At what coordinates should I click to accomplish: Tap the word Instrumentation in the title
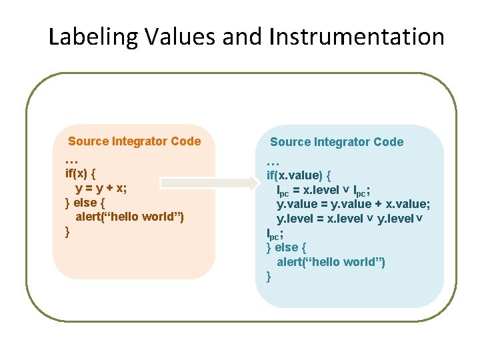click(357, 37)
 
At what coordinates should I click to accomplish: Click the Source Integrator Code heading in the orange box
click(134, 141)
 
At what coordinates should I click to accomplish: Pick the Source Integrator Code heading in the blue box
click(336, 142)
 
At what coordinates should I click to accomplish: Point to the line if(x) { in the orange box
click(81, 174)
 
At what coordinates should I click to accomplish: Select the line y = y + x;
click(101, 188)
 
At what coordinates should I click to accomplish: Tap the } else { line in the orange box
click(85, 203)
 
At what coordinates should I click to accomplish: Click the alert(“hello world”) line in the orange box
click(129, 217)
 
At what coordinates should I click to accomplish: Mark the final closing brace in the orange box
click(67, 231)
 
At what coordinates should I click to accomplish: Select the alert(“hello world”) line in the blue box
click(331, 262)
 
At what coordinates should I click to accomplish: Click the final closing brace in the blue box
click(269, 276)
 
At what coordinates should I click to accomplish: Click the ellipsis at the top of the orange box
click(72, 161)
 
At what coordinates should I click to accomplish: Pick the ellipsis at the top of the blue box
click(273, 161)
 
